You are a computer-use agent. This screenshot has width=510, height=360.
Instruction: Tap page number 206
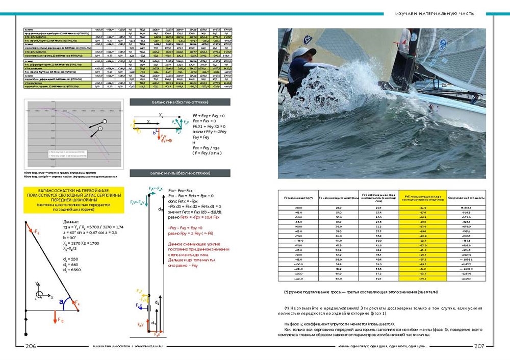[x=31, y=346]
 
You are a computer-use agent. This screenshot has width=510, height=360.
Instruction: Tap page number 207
[x=479, y=346]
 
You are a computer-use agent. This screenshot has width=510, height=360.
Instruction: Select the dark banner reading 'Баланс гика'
[x=180, y=102]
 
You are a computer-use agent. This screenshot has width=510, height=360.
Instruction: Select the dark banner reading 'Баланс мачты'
[x=180, y=173]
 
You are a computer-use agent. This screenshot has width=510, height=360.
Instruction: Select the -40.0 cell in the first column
[x=298, y=208]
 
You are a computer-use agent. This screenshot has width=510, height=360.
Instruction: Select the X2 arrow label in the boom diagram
[x=161, y=115]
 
